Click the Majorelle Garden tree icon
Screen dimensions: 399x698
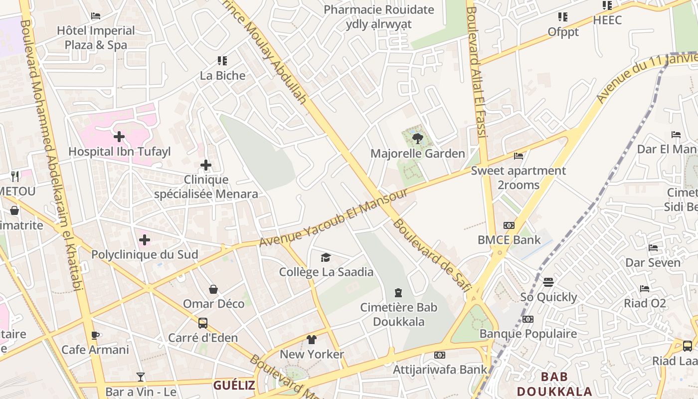(x=418, y=139)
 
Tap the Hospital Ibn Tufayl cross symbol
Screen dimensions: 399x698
(x=119, y=137)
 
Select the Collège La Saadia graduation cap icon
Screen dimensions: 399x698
(x=326, y=257)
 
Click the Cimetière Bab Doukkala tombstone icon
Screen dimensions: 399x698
(x=398, y=293)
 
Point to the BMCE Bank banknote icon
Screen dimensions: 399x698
(x=509, y=225)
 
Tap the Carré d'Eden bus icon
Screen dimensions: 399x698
(x=202, y=323)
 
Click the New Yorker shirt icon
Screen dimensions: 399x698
(x=312, y=340)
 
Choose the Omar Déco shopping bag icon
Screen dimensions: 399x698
(x=213, y=289)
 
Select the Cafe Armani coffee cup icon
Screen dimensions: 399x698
(x=95, y=336)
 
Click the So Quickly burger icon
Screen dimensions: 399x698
(x=548, y=283)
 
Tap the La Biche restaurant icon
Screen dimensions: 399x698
(x=222, y=61)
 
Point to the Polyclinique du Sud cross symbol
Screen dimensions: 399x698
(x=145, y=240)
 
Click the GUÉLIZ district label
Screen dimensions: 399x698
(x=234, y=385)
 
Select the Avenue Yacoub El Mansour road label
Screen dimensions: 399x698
(x=334, y=218)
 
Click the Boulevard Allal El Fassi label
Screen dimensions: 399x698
(x=476, y=70)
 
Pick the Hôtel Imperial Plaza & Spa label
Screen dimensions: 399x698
(x=96, y=38)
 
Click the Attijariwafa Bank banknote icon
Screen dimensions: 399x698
(x=439, y=355)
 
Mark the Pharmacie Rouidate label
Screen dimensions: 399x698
(x=379, y=10)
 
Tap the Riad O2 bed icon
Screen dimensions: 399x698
(x=645, y=288)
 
